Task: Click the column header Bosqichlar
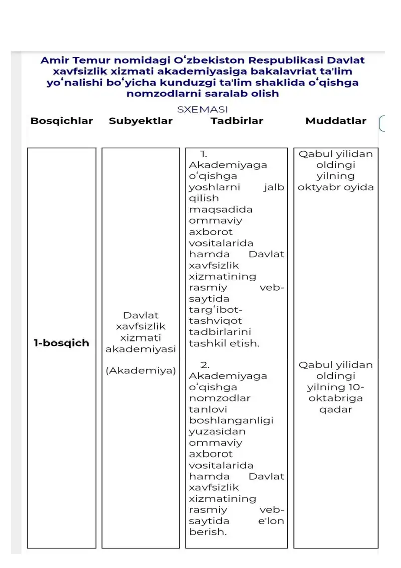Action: pyautogui.click(x=62, y=121)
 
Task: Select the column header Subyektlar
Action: pyautogui.click(x=140, y=121)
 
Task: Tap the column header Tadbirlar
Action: pyautogui.click(x=237, y=121)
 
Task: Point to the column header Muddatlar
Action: pyautogui.click(x=336, y=121)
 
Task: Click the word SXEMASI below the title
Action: pyautogui.click(x=203, y=109)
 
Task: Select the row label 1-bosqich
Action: pyautogui.click(x=61, y=343)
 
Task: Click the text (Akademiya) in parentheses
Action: pyautogui.click(x=141, y=371)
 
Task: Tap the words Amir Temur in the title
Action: pyautogui.click(x=74, y=60)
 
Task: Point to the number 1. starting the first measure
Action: pyautogui.click(x=204, y=154)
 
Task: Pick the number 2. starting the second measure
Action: pyautogui.click(x=205, y=365)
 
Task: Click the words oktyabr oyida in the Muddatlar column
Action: pyautogui.click(x=336, y=187)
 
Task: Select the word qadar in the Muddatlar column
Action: pyautogui.click(x=336, y=409)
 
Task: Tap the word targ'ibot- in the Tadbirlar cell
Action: pyautogui.click(x=216, y=310)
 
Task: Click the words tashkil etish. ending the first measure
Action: pyautogui.click(x=224, y=344)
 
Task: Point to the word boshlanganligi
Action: pyautogui.click(x=231, y=420)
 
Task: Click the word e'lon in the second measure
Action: pyautogui.click(x=271, y=521)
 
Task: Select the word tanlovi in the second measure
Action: pyautogui.click(x=208, y=409)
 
